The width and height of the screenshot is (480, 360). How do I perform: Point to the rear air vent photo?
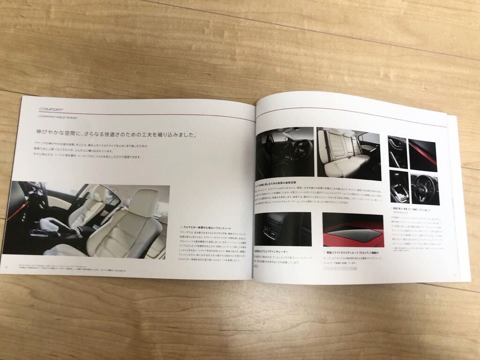pyautogui.click(x=283, y=229)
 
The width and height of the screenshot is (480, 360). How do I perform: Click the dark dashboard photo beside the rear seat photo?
pyautogui.click(x=285, y=152)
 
